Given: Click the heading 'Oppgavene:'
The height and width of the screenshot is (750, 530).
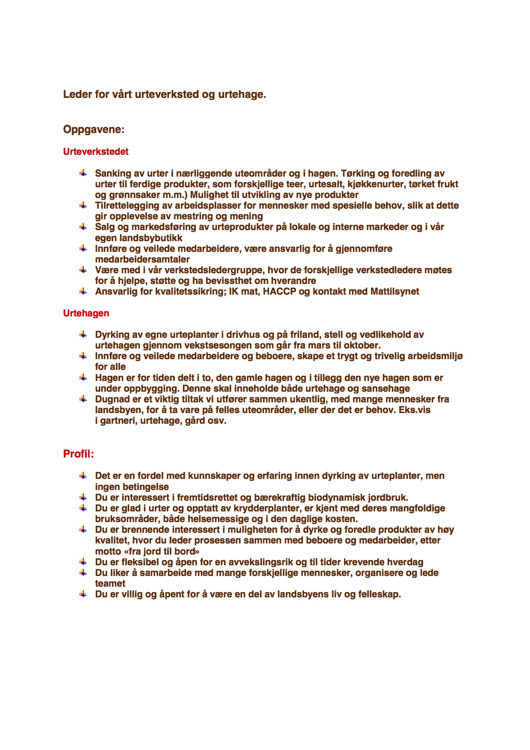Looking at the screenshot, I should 94,129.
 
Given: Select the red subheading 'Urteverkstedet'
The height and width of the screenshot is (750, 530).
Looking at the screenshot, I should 96,152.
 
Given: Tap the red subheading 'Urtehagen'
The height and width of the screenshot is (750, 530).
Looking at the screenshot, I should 86,313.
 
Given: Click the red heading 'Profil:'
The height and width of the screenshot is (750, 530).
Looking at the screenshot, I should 78,454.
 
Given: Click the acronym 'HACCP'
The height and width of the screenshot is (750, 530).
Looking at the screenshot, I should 279,292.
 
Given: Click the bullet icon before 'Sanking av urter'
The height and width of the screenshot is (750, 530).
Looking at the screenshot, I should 83,173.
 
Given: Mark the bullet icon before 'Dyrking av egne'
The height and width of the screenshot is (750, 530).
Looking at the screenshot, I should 83,334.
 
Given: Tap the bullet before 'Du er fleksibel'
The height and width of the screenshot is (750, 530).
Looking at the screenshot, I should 83,562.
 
